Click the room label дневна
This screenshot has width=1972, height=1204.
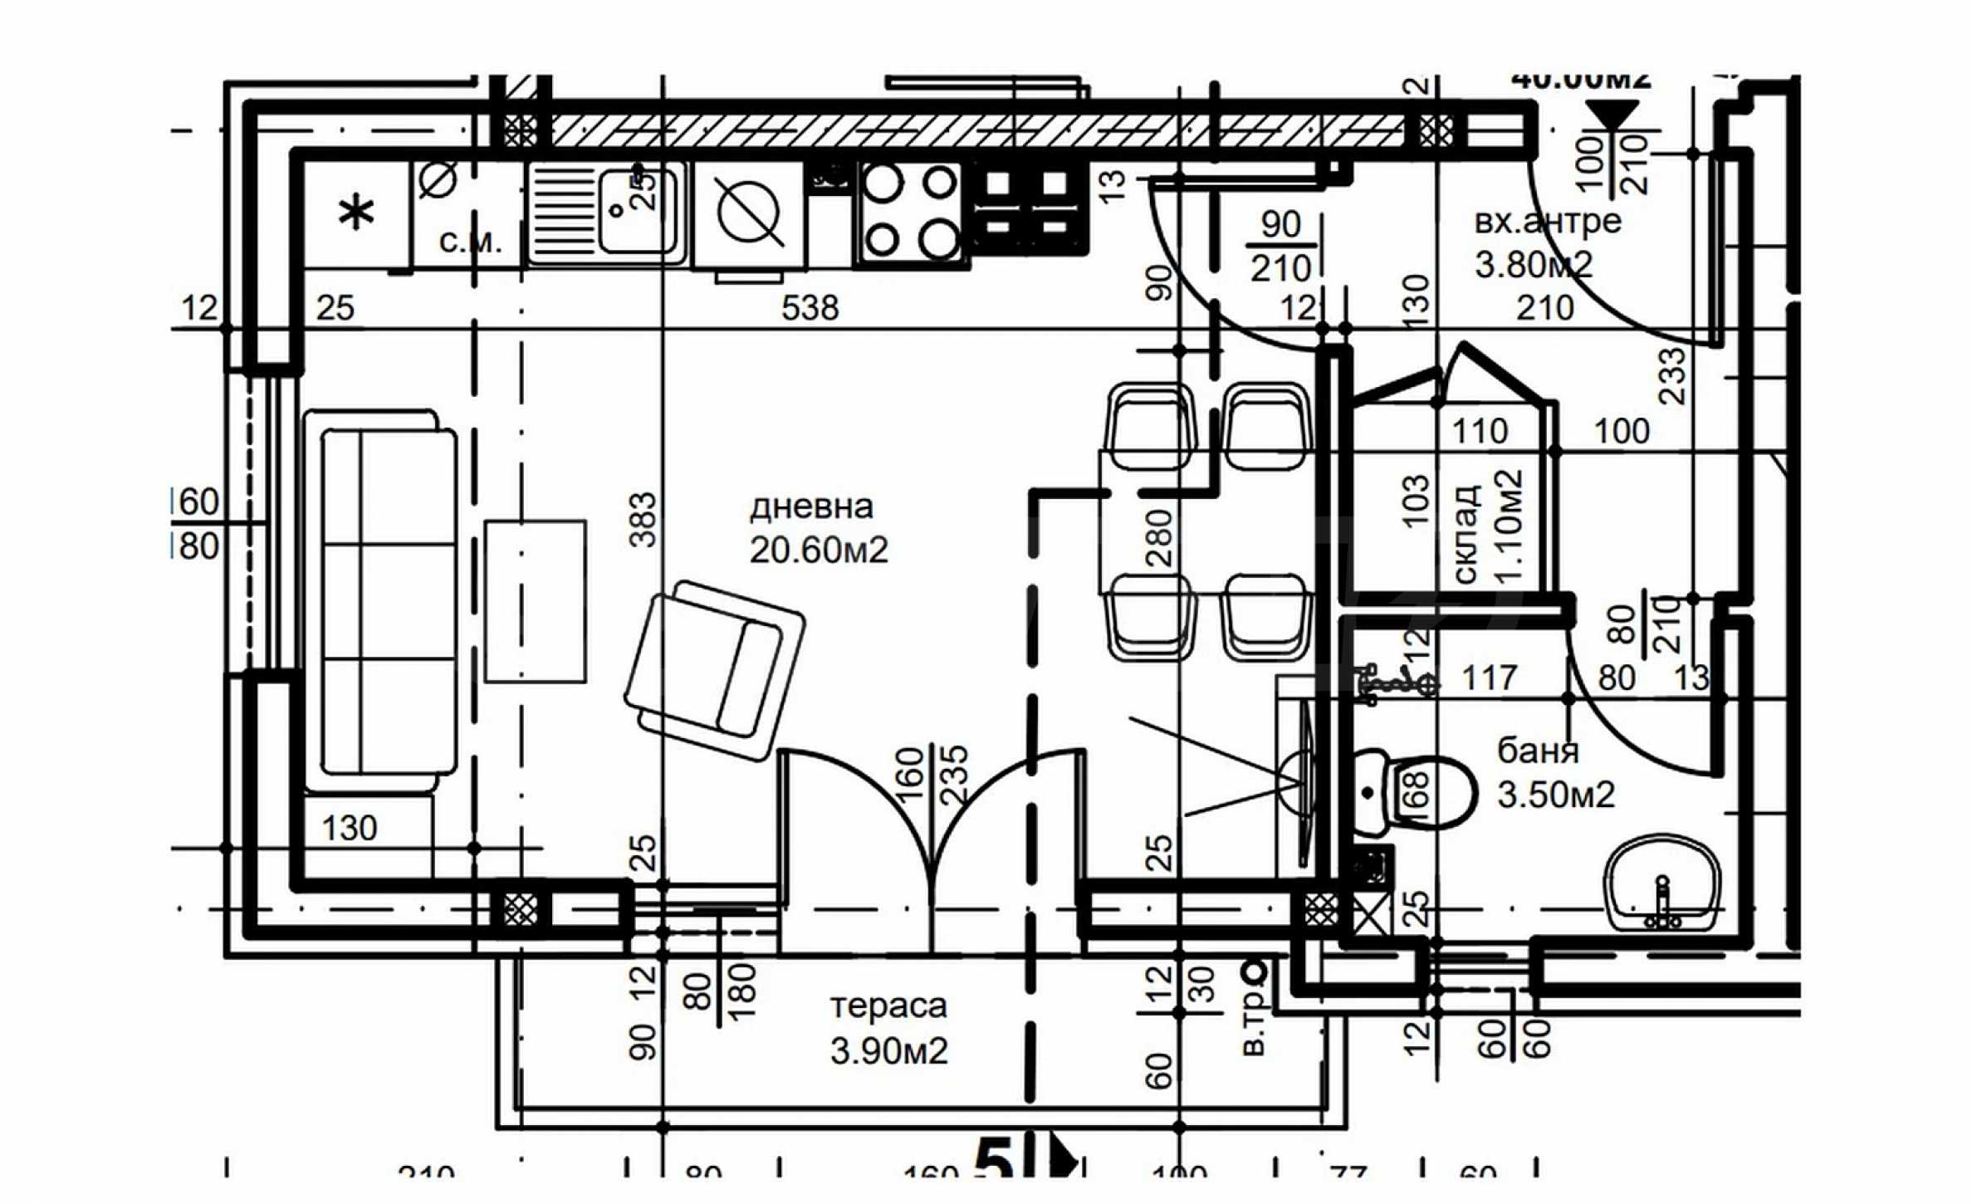point(811,507)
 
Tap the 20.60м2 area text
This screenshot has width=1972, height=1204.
point(819,551)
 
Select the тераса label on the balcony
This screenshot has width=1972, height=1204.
point(888,1006)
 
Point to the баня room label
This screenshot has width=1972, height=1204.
point(1537,751)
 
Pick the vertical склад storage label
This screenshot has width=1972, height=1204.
point(1466,534)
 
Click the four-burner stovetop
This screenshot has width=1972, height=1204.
point(911,212)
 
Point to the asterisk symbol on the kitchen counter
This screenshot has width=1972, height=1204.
point(356,213)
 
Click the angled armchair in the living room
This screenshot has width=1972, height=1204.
point(714,669)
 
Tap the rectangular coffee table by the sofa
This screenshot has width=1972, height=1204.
point(536,601)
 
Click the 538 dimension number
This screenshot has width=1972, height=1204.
point(810,309)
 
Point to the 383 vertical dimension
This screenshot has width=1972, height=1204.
point(643,521)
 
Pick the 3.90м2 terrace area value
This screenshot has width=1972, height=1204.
point(888,1051)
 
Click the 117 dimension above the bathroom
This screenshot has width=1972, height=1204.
point(1489,678)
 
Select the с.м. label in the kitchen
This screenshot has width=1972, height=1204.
point(471,242)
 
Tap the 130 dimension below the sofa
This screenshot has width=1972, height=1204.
point(350,828)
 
